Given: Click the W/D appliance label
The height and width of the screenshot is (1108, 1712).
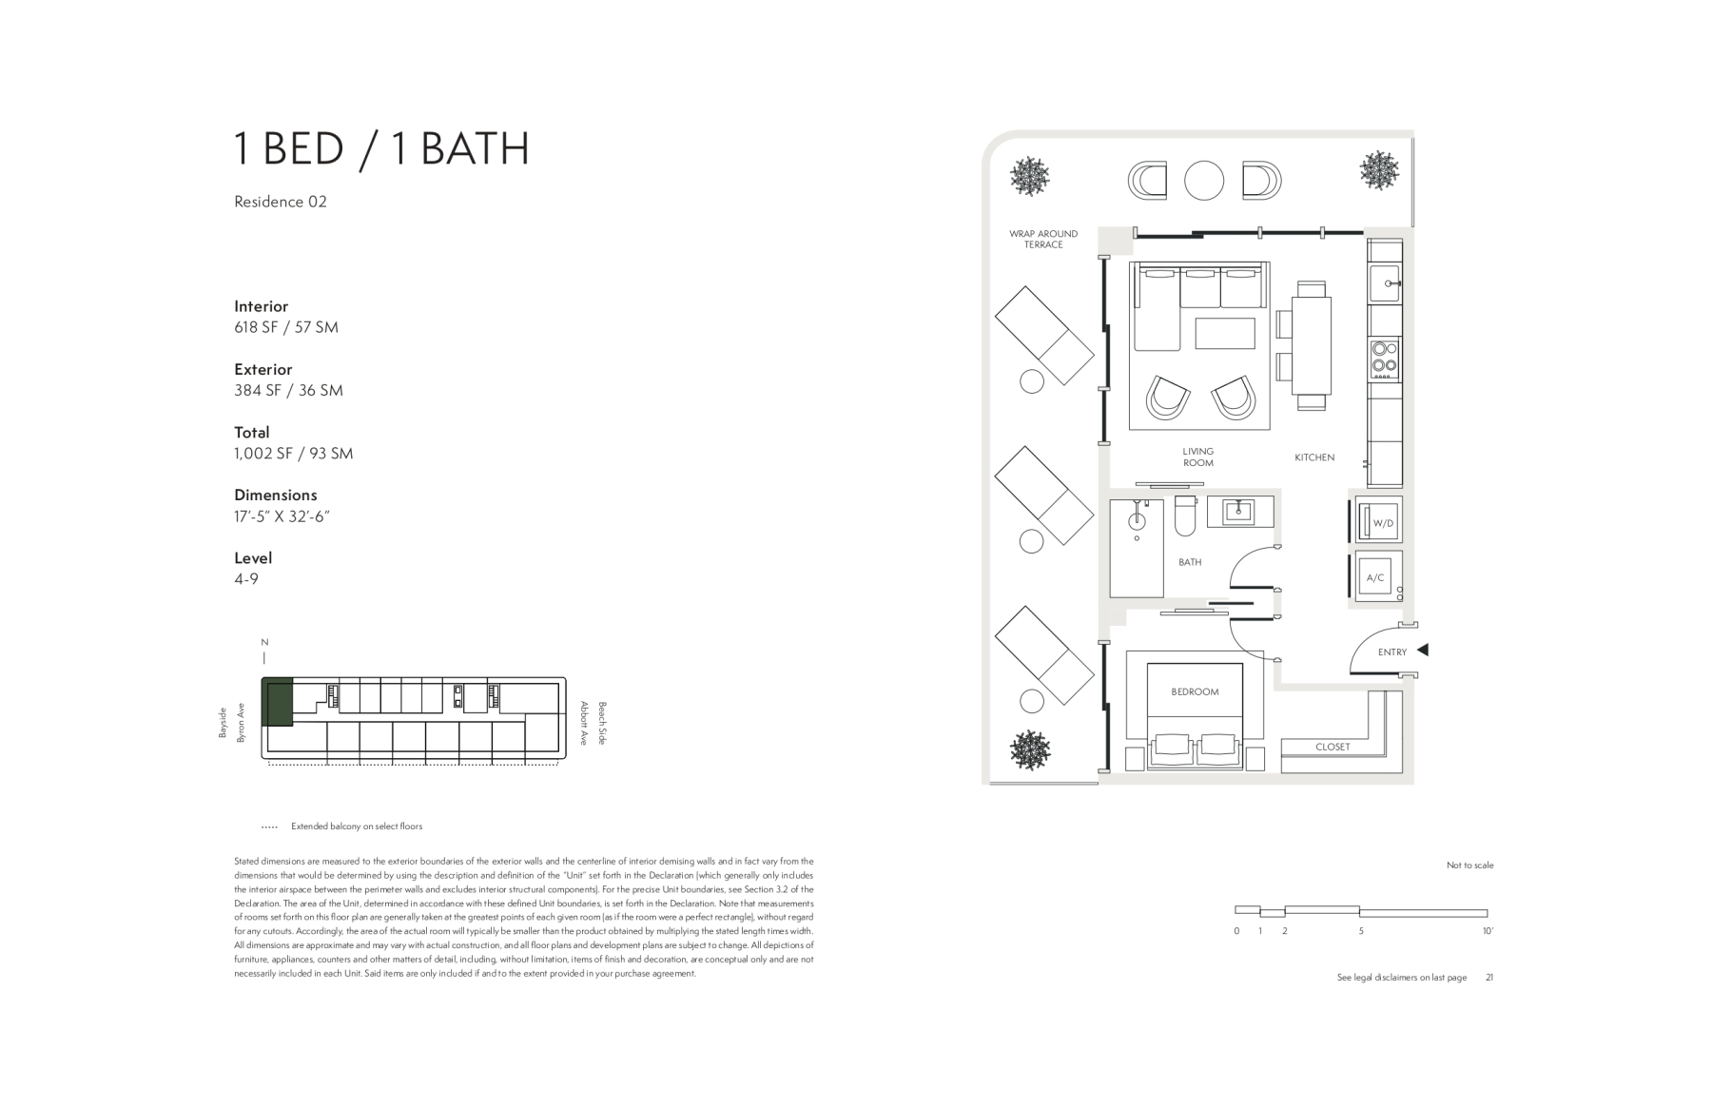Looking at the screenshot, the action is pyautogui.click(x=1382, y=524).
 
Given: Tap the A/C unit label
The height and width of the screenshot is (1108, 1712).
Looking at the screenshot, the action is pyautogui.click(x=1375, y=578).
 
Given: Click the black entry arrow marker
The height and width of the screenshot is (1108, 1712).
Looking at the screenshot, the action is pyautogui.click(x=1423, y=651).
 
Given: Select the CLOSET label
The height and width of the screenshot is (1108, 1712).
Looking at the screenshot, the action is pyautogui.click(x=1333, y=748).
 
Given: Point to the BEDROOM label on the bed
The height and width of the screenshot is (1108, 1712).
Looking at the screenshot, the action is pyautogui.click(x=1195, y=692).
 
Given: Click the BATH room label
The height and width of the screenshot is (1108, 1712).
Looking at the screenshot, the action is pyautogui.click(x=1190, y=562).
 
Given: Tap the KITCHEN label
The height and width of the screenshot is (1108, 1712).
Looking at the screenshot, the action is pyautogui.click(x=1314, y=457).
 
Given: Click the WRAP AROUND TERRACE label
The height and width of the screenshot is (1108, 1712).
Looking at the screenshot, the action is pyautogui.click(x=1043, y=239).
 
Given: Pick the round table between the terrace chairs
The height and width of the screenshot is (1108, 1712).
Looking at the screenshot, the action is pyautogui.click(x=1204, y=181).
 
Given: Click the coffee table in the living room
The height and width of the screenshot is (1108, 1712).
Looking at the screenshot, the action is pyautogui.click(x=1225, y=334).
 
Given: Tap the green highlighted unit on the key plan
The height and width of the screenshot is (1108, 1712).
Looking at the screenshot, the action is pyautogui.click(x=277, y=703).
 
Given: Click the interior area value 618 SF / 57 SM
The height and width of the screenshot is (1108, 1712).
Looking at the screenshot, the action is pyautogui.click(x=286, y=327).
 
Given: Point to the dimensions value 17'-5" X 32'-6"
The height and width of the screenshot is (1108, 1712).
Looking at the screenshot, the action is pyautogui.click(x=282, y=516).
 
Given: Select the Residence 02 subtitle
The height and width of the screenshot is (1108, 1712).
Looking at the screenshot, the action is pyautogui.click(x=281, y=202).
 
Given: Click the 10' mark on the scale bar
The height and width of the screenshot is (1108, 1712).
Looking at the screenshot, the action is pyautogui.click(x=1488, y=931).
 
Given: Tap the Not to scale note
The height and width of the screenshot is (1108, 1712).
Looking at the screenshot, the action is pyautogui.click(x=1470, y=865).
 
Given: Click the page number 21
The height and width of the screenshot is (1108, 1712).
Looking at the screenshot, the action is pyautogui.click(x=1489, y=978).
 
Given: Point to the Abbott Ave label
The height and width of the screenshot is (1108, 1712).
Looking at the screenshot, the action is pyautogui.click(x=584, y=724).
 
